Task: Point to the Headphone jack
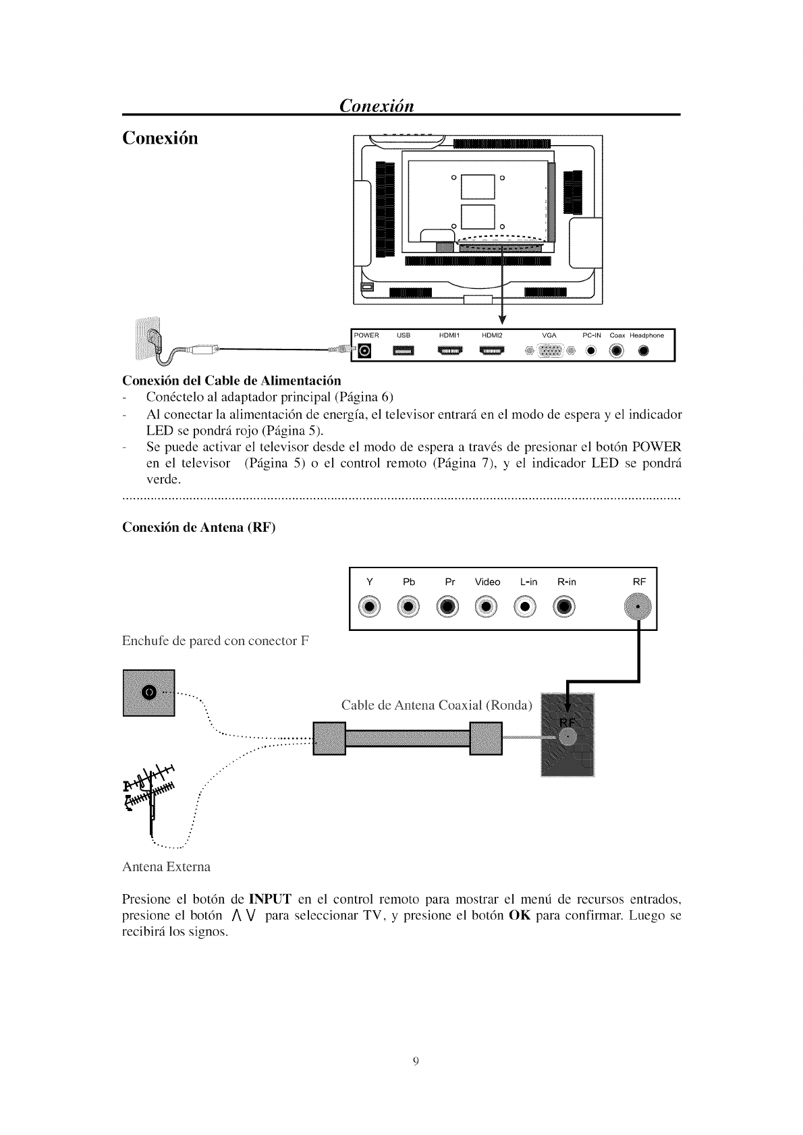coord(643,351)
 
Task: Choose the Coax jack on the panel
coord(617,351)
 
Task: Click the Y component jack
coord(369,607)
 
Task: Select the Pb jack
coord(409,607)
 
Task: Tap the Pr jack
coord(449,607)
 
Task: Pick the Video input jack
coord(487,607)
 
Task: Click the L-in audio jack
coord(526,607)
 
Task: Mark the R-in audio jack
coord(565,607)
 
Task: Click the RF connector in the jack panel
coord(637,607)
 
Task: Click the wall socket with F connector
coord(148,692)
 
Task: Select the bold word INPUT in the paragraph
coord(270,899)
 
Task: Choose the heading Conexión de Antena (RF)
coord(199,528)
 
